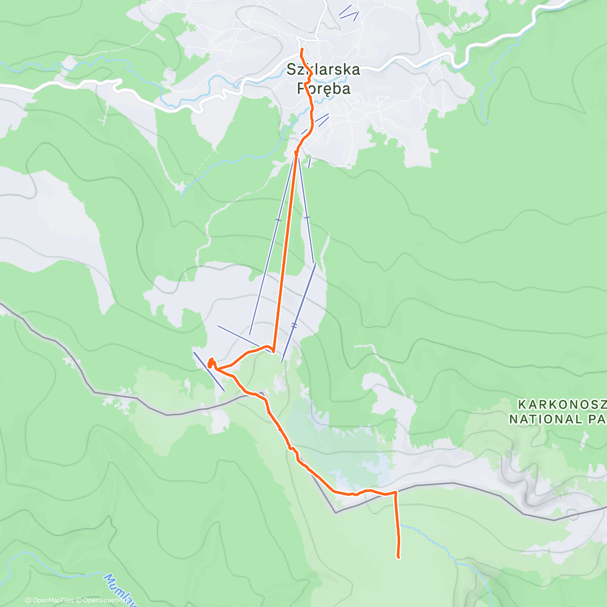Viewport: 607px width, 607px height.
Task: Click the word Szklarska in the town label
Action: click(x=324, y=70)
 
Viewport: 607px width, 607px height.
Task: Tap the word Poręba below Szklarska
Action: click(x=324, y=88)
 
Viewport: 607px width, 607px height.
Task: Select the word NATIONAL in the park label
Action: click(x=539, y=419)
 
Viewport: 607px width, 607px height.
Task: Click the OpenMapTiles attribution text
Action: click(x=50, y=600)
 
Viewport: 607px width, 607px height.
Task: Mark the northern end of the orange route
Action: click(x=302, y=49)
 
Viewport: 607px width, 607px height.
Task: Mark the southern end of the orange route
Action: click(x=399, y=557)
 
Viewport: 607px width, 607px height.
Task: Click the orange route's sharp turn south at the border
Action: click(x=395, y=492)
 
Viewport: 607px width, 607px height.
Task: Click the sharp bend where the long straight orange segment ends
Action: click(x=273, y=350)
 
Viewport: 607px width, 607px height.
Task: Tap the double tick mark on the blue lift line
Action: click(x=294, y=325)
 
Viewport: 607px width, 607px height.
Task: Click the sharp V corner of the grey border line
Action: click(x=335, y=512)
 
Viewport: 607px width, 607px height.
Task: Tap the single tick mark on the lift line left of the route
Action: click(x=278, y=220)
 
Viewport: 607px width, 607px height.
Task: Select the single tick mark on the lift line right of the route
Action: click(x=307, y=218)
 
